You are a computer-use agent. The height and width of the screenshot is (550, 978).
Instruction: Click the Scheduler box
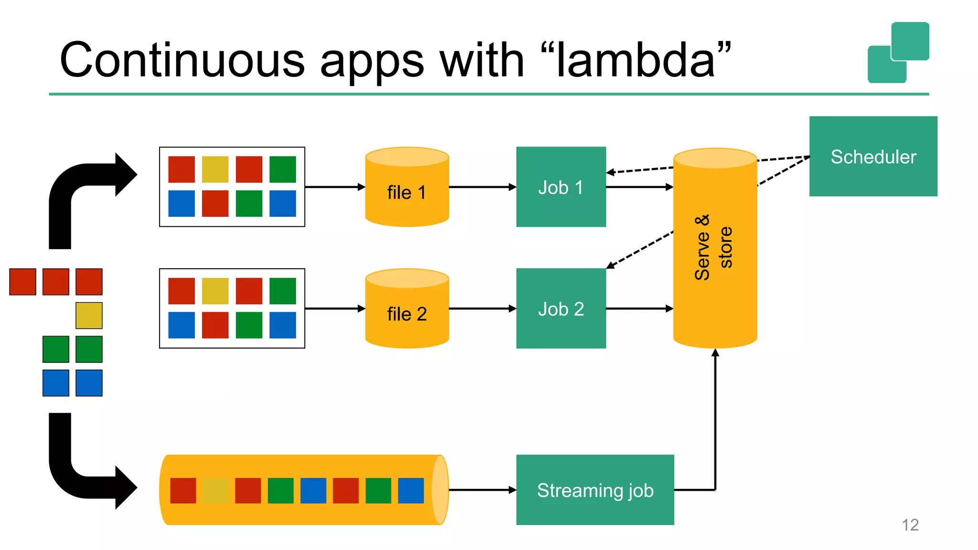873,157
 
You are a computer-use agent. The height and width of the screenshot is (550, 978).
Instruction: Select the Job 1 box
561,187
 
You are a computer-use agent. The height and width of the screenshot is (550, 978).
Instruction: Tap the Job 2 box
561,309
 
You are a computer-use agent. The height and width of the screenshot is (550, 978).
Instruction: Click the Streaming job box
595,490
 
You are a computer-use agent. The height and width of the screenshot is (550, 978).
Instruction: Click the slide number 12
910,525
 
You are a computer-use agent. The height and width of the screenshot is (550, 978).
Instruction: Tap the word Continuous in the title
182,61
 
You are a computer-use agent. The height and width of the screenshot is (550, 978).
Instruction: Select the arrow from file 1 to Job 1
482,187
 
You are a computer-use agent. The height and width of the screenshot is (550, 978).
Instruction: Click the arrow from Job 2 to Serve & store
639,309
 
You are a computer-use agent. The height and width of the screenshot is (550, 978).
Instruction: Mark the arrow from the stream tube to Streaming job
482,490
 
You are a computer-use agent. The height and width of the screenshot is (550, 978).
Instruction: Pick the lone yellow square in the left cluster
89,316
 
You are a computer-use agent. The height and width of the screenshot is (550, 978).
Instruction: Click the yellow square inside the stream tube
215,490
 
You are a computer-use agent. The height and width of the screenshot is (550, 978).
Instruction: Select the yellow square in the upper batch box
215,169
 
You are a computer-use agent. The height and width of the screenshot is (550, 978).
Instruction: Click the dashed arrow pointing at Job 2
640,250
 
